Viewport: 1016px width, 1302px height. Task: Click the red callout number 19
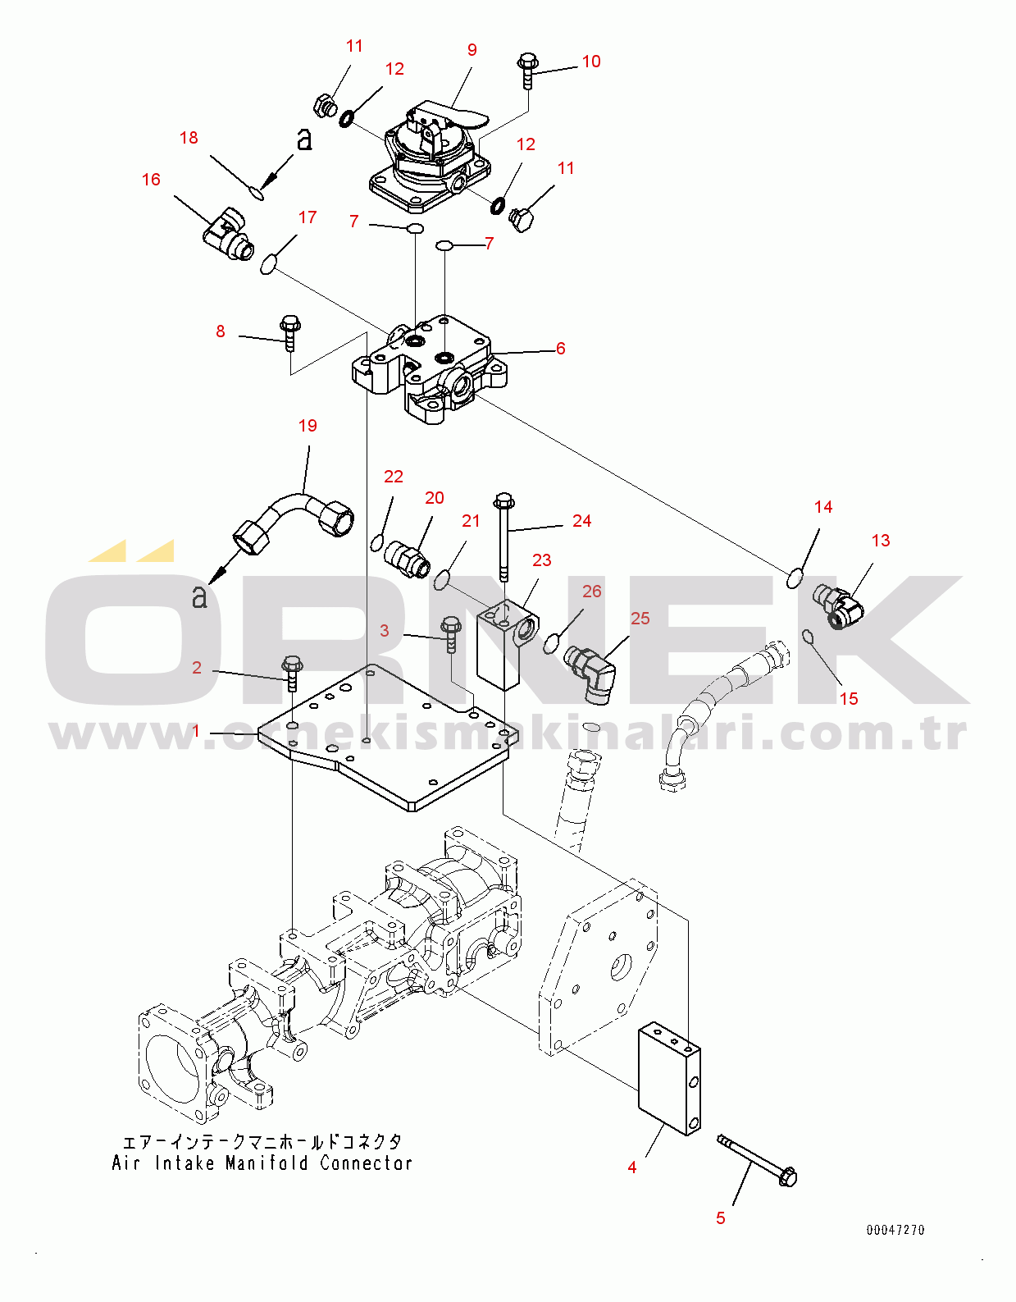point(308,426)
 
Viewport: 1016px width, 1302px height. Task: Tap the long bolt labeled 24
point(504,537)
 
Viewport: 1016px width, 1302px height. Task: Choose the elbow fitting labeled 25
point(590,674)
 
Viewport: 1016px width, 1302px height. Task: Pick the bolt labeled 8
point(289,333)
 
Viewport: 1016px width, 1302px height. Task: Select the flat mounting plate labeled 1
point(383,738)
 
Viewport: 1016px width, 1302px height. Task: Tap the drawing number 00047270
point(895,1230)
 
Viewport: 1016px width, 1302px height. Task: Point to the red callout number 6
point(560,349)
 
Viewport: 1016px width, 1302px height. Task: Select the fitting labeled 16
point(227,234)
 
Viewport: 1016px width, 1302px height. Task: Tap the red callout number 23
point(542,560)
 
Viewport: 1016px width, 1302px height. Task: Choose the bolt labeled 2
point(292,672)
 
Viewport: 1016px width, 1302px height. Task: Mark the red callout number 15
point(849,699)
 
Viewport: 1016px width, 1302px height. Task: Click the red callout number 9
point(472,50)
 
